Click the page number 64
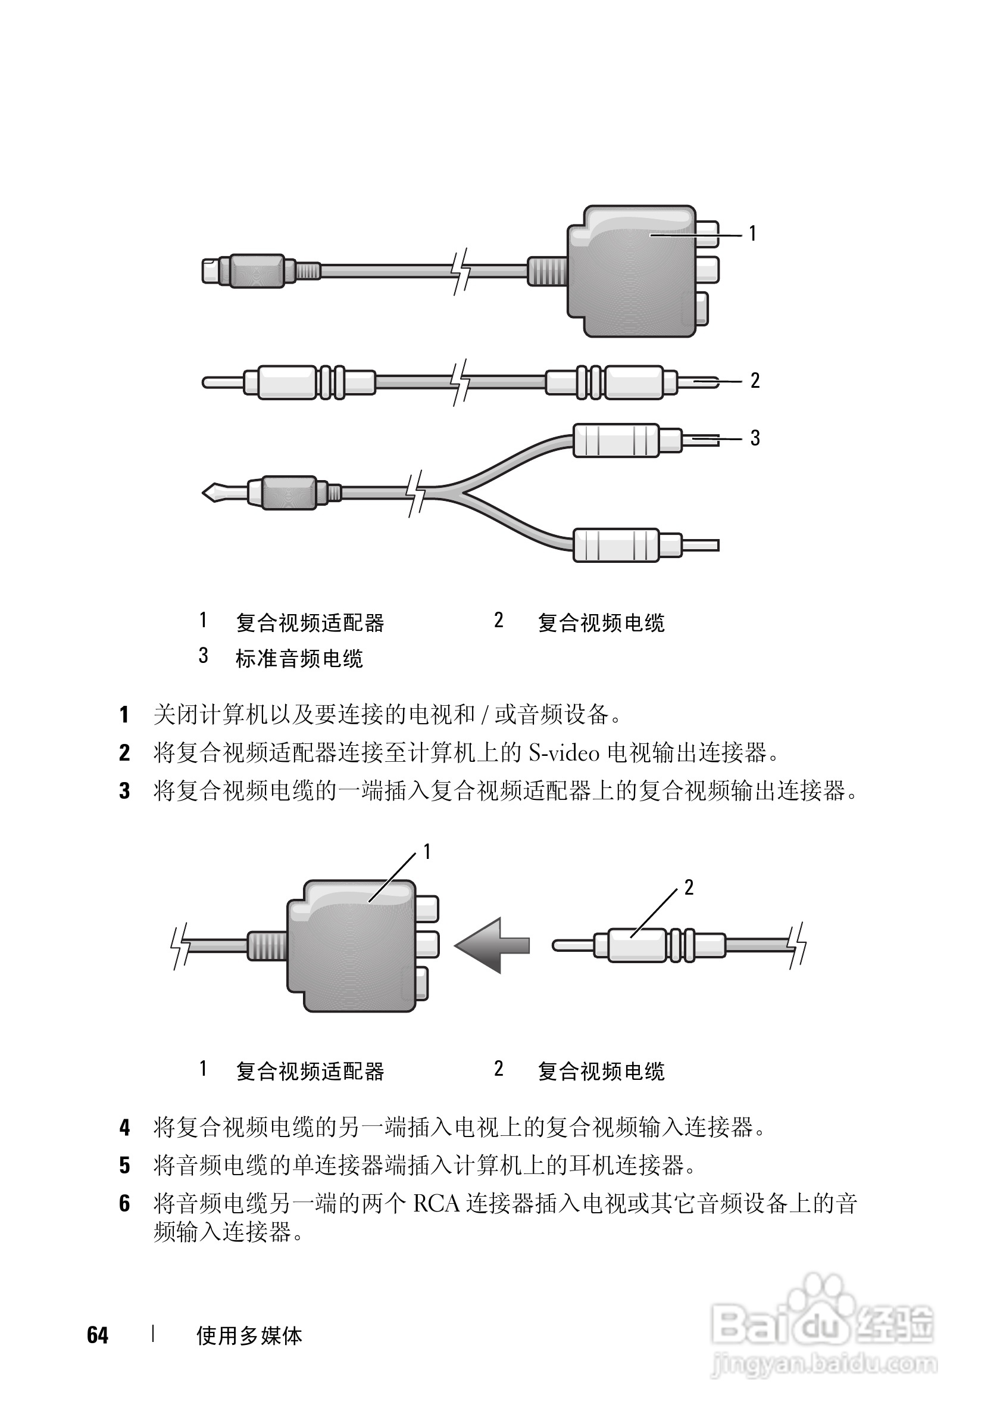pos(98,1335)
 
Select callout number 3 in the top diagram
pos(755,438)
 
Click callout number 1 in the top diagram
pos(752,233)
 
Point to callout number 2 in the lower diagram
pos(689,888)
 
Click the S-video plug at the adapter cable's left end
pos(244,271)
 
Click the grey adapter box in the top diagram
pos(630,272)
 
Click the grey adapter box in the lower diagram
pos(351,946)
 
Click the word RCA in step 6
pos(436,1204)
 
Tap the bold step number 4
pos(124,1128)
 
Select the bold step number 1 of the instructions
pos(124,715)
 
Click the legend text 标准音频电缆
pos(299,659)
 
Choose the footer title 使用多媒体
pos(249,1336)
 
